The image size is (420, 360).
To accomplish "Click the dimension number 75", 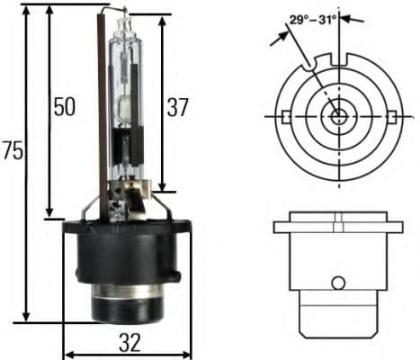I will coord(13,152).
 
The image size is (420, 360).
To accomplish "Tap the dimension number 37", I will coord(177,108).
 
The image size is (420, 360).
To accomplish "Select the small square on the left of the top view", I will coord(285,116).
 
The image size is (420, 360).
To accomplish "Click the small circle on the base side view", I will coord(337,283).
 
